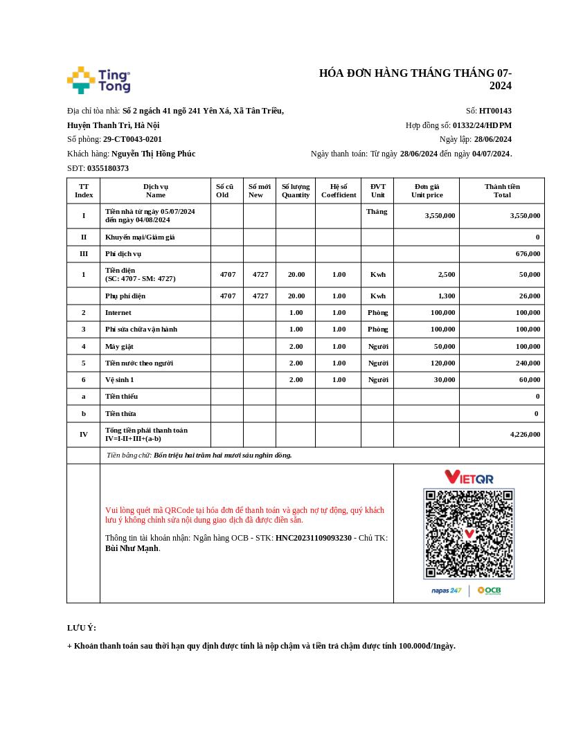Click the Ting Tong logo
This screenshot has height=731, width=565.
pos(98,80)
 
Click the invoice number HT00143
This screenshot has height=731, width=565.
pos(495,111)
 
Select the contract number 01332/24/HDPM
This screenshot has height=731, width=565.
pos(482,125)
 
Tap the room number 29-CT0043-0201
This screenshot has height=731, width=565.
pos(132,139)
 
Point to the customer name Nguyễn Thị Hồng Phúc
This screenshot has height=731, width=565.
pos(153,154)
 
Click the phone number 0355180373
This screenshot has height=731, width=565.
pos(107,168)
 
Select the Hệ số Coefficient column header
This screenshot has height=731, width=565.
pos(339,190)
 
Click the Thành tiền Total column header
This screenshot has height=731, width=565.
pos(502,190)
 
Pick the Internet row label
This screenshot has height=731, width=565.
pos(118,313)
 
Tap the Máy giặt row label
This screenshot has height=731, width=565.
pos(119,346)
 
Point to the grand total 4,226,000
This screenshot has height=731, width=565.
pos(525,435)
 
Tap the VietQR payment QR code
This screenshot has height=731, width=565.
pos(469,534)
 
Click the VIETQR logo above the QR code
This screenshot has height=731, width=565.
pos(469,477)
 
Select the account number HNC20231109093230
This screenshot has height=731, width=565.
pos(313,538)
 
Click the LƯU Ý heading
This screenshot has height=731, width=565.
pos(81,628)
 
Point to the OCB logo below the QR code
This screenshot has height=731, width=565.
pos(489,590)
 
